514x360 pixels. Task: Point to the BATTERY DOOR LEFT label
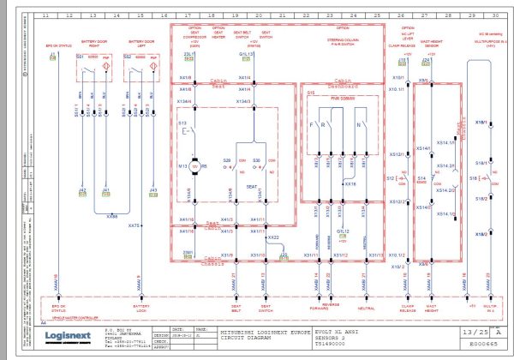tap(141, 42)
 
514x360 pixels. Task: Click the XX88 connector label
tap(112, 217)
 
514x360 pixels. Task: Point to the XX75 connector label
tap(134, 225)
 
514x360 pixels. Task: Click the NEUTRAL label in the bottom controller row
tap(366, 307)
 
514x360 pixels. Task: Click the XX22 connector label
tap(273, 237)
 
